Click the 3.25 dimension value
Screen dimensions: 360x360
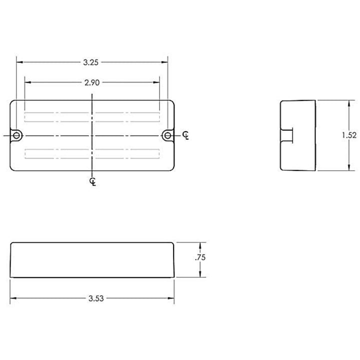coord(90,62)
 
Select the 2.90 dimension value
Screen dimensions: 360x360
coord(92,82)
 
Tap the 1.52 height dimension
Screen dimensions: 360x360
coord(349,135)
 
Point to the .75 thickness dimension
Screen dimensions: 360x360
coord(200,257)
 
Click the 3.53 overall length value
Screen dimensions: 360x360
coord(96,298)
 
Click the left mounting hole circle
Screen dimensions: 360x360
coord(16,135)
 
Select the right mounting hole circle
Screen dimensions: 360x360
coord(168,135)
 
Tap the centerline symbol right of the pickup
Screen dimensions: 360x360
coord(185,135)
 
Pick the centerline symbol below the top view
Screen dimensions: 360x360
coord(93,181)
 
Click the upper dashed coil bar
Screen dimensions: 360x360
coord(92,117)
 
